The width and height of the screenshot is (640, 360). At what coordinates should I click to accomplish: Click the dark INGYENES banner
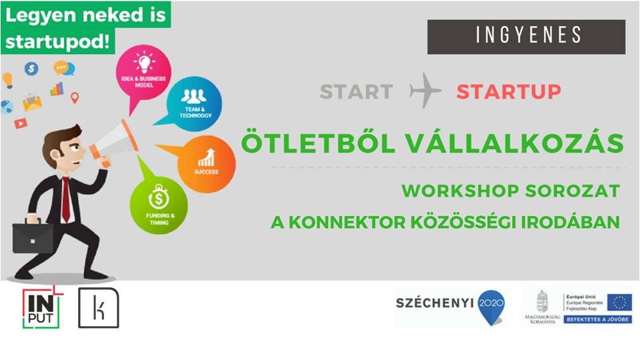coord(526,37)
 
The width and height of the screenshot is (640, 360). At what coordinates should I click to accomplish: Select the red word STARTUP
coord(509,91)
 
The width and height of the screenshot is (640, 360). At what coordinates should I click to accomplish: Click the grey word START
coord(356,91)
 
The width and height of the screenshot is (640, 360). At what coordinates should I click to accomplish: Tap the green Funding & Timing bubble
coord(159,205)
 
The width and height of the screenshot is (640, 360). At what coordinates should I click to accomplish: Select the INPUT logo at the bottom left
coord(41,308)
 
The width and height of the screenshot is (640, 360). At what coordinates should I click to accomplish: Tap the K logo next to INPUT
coord(99,308)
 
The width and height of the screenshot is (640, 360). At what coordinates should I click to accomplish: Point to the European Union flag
coord(619,302)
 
